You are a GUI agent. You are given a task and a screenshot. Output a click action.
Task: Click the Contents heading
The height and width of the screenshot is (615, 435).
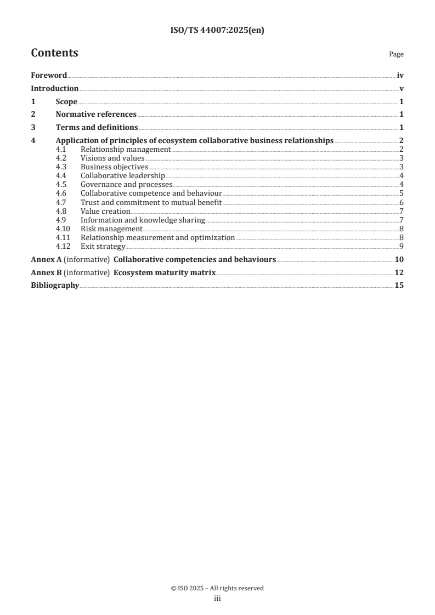[x=54, y=53]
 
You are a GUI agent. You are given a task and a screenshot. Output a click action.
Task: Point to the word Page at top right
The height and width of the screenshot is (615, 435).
[x=396, y=54]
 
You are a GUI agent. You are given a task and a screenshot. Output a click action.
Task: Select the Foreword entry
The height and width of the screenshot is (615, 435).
[x=49, y=76]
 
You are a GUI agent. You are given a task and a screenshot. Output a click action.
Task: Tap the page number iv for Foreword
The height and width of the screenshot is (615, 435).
[x=400, y=76]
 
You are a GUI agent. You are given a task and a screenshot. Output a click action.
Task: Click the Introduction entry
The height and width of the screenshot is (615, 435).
[x=54, y=89]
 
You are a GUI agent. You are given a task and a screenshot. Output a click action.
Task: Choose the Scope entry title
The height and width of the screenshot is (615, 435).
[x=66, y=102]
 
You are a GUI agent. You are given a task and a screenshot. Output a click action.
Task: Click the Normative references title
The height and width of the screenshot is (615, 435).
[x=96, y=115]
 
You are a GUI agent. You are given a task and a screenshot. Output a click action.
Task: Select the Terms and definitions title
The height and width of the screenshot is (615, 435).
[x=97, y=128]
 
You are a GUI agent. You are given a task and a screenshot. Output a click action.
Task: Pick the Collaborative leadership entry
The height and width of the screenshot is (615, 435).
[x=122, y=175]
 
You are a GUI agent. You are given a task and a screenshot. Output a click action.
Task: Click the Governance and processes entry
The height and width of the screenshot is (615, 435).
[x=126, y=185]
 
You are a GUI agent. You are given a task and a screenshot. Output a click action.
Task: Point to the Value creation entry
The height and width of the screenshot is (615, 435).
[x=105, y=211]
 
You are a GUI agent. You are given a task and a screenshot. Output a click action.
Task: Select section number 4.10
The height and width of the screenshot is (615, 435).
[x=63, y=229]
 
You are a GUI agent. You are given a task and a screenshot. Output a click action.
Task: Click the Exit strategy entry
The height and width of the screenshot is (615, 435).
[x=103, y=246]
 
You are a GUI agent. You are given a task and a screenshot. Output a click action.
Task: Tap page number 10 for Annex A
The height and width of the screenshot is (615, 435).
[x=399, y=259]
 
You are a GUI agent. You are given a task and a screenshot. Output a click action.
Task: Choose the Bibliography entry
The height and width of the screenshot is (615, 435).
[x=55, y=286]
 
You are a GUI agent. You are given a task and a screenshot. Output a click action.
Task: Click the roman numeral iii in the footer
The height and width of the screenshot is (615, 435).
[x=217, y=599]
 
